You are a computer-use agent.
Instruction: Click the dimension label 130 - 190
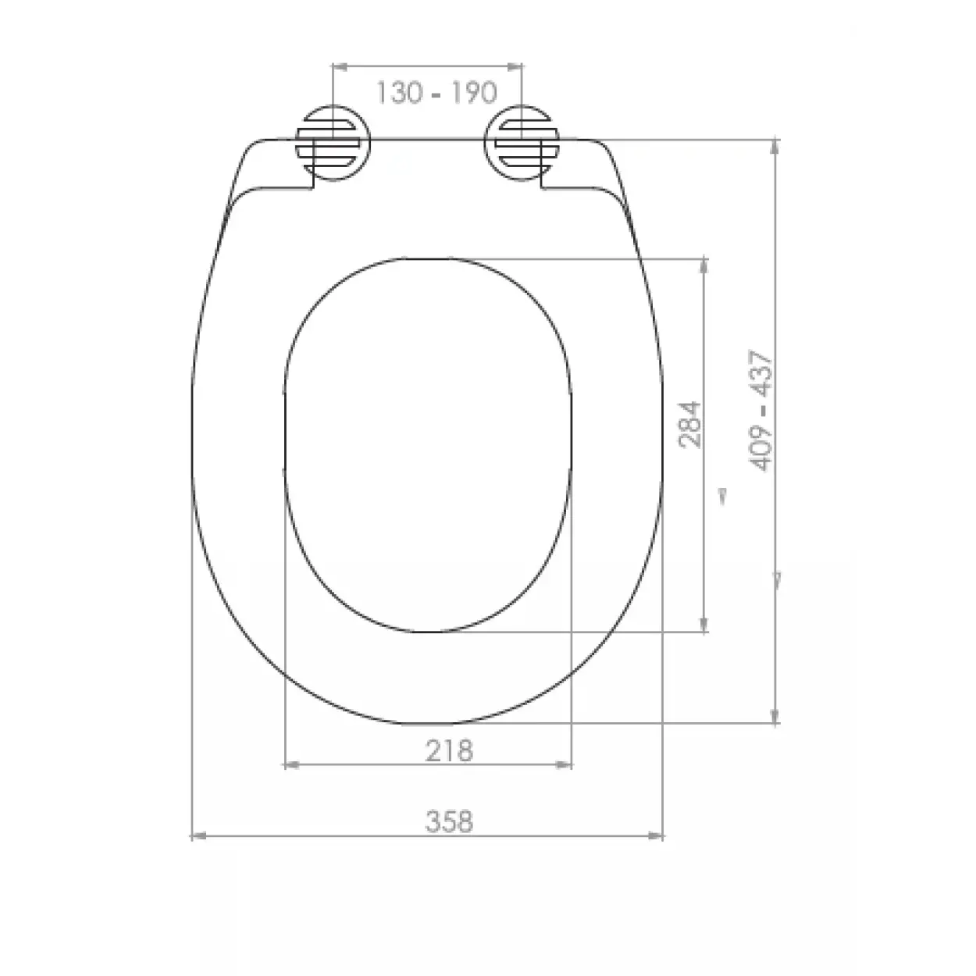click(436, 93)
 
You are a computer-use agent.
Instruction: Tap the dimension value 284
click(689, 425)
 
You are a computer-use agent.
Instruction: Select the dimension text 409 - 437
click(761, 411)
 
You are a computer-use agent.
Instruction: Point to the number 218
click(449, 751)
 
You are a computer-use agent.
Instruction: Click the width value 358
click(449, 821)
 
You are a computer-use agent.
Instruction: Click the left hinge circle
click(333, 143)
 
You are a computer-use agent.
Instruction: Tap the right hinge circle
click(522, 143)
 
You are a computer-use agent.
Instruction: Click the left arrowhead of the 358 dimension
click(198, 836)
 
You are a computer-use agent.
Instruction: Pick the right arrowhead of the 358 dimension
click(656, 836)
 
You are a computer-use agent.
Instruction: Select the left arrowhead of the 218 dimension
click(292, 765)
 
